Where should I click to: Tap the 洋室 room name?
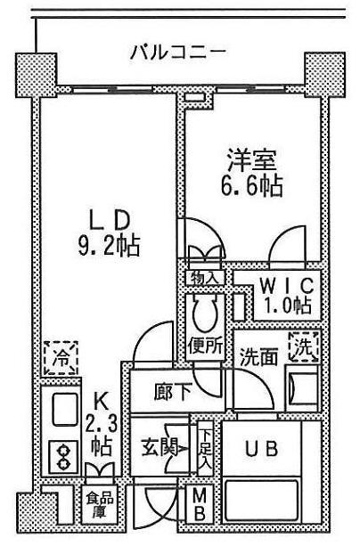pos(250,163)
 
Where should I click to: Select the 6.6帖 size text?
pos(251,188)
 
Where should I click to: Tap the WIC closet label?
pos(285,286)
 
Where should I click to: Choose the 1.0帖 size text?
pos(285,306)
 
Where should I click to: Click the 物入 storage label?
pos(203,278)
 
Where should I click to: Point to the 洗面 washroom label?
pos(258,354)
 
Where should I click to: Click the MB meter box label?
pos(200,505)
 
